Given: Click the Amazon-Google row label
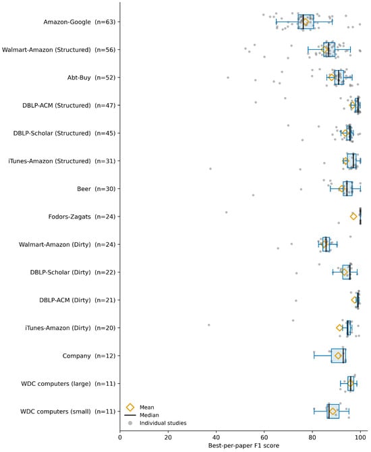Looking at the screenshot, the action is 80,22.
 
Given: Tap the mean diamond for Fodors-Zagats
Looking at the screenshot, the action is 353,216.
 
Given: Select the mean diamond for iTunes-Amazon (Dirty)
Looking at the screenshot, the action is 339,328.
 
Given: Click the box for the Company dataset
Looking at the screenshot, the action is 339,356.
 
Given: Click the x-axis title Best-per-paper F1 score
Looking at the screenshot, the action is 244,446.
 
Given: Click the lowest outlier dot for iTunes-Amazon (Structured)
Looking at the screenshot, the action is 210,169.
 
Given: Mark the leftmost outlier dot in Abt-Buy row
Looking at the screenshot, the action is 228,78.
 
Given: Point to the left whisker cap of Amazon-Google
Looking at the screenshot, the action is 276,22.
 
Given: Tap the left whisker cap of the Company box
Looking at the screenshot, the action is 314,356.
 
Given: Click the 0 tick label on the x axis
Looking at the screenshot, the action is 120,437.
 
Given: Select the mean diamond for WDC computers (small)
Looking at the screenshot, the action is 333,412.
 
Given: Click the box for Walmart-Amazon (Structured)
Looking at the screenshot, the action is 329,49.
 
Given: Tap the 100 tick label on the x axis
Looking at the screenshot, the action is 360,437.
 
